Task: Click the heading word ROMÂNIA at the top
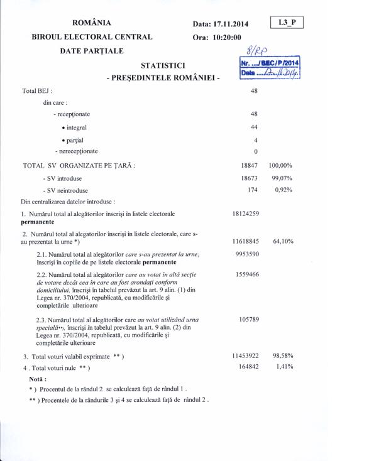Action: [92, 23]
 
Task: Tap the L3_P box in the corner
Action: [287, 23]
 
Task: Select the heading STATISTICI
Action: [163, 65]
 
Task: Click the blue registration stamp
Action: [270, 68]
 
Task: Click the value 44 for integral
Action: [254, 127]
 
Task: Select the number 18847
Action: [250, 166]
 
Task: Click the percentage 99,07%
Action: [282, 178]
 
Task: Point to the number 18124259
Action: [246, 214]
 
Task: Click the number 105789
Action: [249, 319]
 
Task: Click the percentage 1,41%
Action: [284, 367]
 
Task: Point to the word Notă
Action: [38, 379]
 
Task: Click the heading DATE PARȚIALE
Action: [92, 51]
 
